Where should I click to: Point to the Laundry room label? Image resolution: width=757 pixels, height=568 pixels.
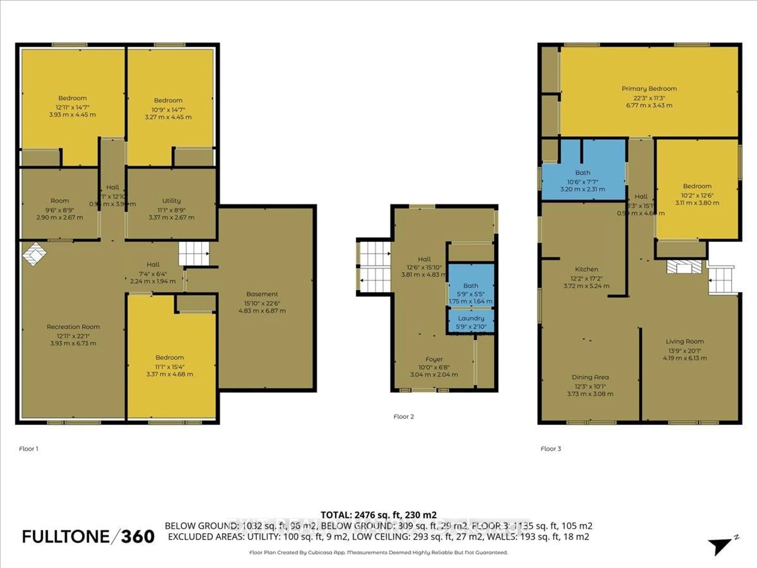point(471,318)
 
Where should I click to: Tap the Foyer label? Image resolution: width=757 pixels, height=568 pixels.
point(434,359)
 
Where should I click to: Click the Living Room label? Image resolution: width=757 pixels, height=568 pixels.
point(684,341)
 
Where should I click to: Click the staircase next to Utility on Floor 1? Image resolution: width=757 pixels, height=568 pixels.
point(194,253)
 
